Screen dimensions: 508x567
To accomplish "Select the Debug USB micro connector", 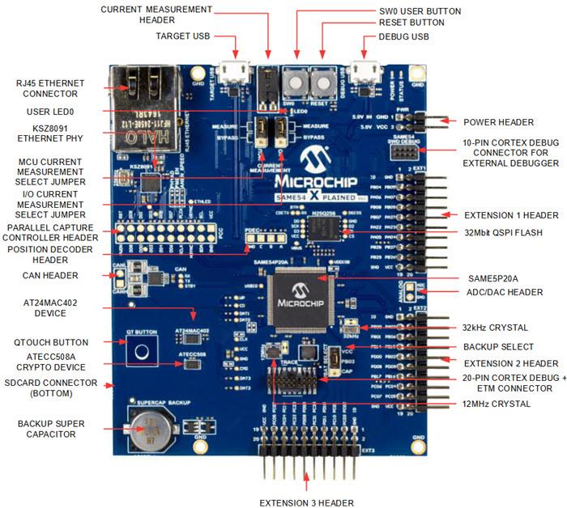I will [365, 74].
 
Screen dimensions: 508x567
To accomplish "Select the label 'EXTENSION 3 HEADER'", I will [306, 502].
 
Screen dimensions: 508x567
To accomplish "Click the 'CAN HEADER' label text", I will [50, 276].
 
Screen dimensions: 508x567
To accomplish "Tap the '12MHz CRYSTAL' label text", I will [496, 404].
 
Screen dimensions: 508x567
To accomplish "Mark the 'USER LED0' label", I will [49, 111].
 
